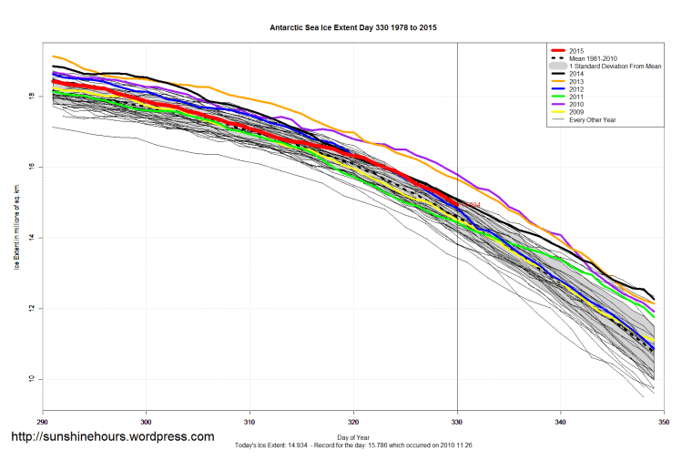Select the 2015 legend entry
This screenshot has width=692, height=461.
[x=574, y=50]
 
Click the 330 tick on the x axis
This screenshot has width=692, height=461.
[x=457, y=422]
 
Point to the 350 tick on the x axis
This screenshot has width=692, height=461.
[x=664, y=422]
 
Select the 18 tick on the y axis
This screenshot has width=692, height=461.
[x=31, y=96]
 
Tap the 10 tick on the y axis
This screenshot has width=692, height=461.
[x=31, y=379]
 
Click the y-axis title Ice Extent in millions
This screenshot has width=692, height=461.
[x=15, y=225]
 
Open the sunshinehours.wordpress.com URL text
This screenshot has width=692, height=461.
[x=112, y=436]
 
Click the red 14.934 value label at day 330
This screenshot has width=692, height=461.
[x=470, y=205]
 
